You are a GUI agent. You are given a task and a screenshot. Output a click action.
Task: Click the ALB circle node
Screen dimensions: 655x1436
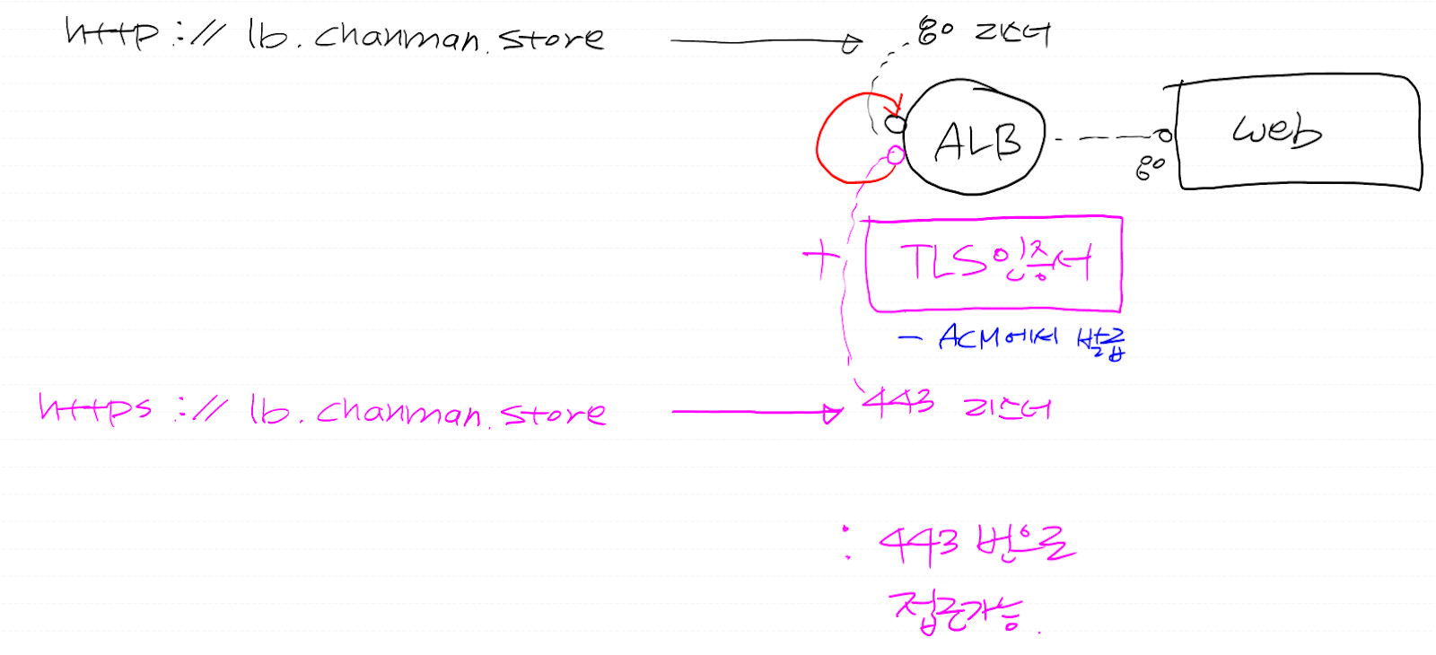(x=976, y=137)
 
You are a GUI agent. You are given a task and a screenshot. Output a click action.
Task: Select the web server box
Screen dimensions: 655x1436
(x=1298, y=133)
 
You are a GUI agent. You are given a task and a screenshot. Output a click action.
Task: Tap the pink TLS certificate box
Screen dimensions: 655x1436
(x=994, y=264)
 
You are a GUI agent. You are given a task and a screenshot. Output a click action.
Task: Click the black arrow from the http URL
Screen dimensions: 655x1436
(x=763, y=40)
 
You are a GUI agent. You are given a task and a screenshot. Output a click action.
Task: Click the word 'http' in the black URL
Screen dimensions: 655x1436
(x=111, y=32)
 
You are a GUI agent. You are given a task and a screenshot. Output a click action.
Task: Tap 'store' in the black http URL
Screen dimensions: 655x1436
(x=551, y=38)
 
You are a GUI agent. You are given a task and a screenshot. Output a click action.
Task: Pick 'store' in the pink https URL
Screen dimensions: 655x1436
(x=554, y=413)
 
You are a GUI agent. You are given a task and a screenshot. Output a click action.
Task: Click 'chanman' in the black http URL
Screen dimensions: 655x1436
(x=397, y=37)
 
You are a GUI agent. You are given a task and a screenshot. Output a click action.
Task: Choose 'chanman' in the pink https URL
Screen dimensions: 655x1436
(x=398, y=412)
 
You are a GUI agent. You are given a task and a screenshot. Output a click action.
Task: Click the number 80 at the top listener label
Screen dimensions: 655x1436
(x=935, y=31)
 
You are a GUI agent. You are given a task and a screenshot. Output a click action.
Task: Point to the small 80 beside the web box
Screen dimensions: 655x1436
(x=1150, y=167)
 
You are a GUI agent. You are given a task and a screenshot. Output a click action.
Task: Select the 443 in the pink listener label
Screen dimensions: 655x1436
(x=897, y=403)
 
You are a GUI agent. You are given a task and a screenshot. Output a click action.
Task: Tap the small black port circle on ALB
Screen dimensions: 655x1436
(x=895, y=124)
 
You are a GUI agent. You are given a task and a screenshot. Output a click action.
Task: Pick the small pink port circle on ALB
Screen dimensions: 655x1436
(x=895, y=155)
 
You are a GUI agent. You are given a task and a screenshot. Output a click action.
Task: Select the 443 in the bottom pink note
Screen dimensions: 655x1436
(x=918, y=545)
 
